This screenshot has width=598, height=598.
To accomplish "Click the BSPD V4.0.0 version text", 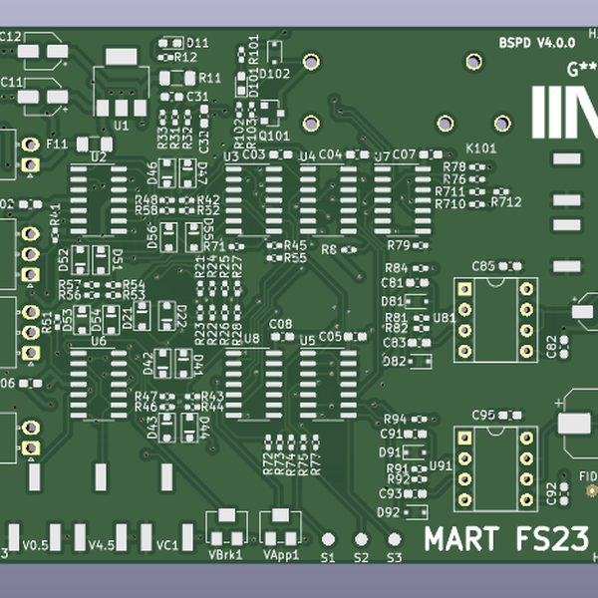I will coord(537,43).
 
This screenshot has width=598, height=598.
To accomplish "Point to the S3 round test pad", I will coord(394,539).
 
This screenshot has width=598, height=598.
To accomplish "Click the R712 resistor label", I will coord(505,202).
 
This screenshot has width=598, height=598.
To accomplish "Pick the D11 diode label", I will coord(197,43).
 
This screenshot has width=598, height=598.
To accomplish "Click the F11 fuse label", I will coord(57,144).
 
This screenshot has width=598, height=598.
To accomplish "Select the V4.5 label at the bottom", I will coord(101,545).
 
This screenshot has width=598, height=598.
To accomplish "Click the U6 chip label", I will coord(99,341).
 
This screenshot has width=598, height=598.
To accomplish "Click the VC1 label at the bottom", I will coord(166,545).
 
